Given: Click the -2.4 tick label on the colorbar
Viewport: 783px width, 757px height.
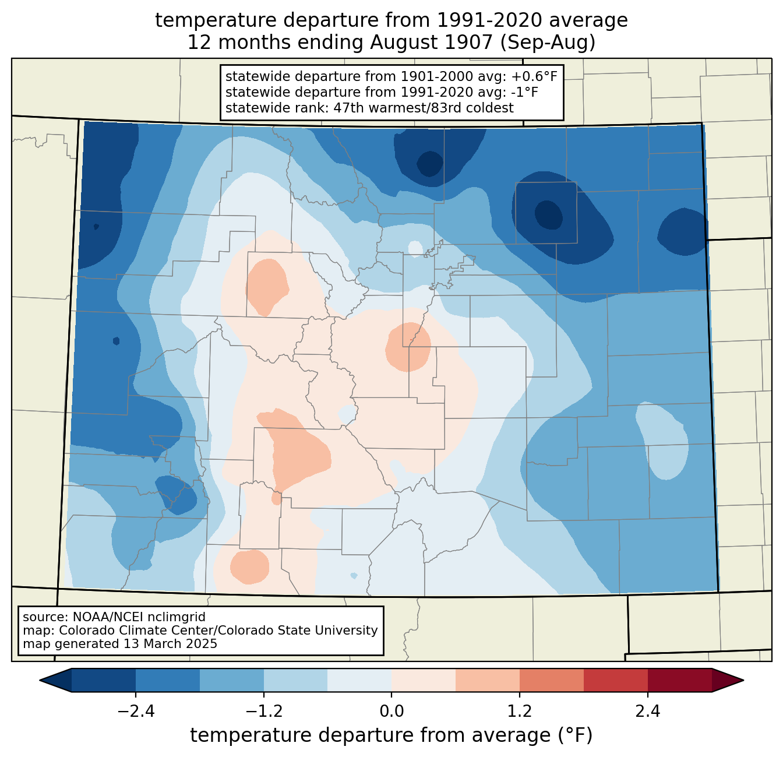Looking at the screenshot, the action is tap(136, 712).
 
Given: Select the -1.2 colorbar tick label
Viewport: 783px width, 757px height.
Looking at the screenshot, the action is tap(264, 712).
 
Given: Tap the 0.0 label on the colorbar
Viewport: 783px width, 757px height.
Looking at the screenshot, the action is tap(391, 712).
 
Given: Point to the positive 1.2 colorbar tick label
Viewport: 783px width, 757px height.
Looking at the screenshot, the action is tap(520, 712).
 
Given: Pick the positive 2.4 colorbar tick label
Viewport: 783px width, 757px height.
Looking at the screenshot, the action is tap(648, 712).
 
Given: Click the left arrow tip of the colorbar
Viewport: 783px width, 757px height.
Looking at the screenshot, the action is tap(40, 681).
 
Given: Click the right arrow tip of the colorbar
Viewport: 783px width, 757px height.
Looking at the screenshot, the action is tap(743, 681).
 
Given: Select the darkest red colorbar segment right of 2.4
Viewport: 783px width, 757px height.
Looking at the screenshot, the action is tap(680, 681).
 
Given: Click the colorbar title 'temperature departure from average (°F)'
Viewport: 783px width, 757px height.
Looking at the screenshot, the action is tap(391, 735).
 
